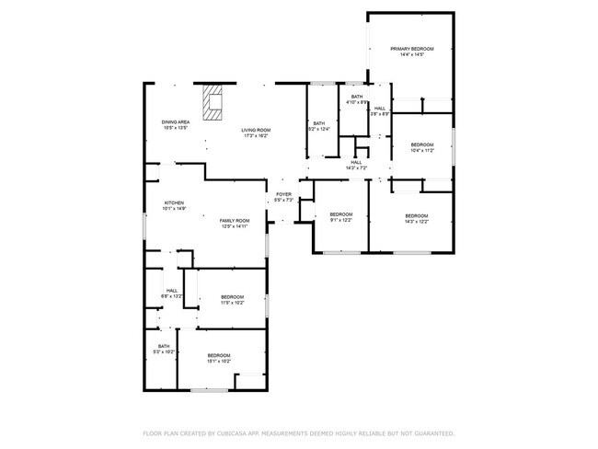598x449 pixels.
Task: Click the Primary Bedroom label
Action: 411,52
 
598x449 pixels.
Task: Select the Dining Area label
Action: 175,125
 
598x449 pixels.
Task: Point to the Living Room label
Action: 256,132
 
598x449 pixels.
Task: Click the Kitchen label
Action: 174,205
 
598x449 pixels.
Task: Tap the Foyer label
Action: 283,197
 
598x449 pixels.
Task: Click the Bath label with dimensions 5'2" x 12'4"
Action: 319,126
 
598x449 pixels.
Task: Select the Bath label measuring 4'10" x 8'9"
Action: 356,99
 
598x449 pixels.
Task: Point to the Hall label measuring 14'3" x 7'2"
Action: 356,165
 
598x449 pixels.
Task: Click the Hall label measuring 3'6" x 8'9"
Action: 380,110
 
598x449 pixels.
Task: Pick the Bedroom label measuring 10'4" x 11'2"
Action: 422,147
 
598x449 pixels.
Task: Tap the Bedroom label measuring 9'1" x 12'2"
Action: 341,217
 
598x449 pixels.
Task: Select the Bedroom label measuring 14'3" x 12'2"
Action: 417,218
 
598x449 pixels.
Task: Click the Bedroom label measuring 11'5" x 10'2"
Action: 232,299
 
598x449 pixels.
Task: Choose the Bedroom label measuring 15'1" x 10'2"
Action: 218,358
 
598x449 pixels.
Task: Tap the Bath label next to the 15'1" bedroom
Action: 163,349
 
